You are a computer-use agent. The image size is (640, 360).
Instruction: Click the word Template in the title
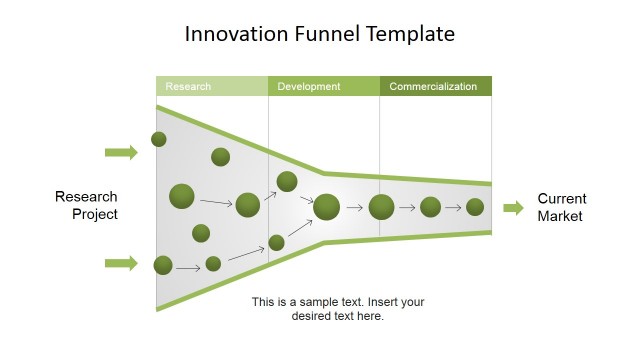pyautogui.click(x=412, y=34)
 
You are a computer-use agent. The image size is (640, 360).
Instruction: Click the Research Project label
pyautogui.click(x=87, y=205)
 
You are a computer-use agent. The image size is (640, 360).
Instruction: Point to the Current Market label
pyautogui.click(x=562, y=207)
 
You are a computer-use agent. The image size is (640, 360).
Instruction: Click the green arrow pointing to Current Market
pyautogui.click(x=513, y=208)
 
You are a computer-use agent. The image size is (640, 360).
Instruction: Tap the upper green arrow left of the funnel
pyautogui.click(x=121, y=152)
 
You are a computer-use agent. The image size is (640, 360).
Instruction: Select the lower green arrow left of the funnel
pyautogui.click(x=121, y=263)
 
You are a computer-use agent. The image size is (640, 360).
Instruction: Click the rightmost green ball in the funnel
pyautogui.click(x=475, y=207)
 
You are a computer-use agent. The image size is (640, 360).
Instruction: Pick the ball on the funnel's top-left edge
pyautogui.click(x=159, y=139)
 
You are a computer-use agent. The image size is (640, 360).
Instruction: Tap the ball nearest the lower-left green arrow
pyautogui.click(x=163, y=265)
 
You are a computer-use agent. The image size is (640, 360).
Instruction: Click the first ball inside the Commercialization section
pyautogui.click(x=381, y=207)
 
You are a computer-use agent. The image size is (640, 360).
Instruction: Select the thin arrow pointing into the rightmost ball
pyautogui.click(x=453, y=208)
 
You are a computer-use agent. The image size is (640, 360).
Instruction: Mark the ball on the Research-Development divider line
pyautogui.click(x=276, y=242)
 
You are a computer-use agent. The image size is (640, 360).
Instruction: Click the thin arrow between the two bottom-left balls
pyautogui.click(x=189, y=266)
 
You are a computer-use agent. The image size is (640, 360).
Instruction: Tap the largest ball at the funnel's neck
pyautogui.click(x=327, y=207)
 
